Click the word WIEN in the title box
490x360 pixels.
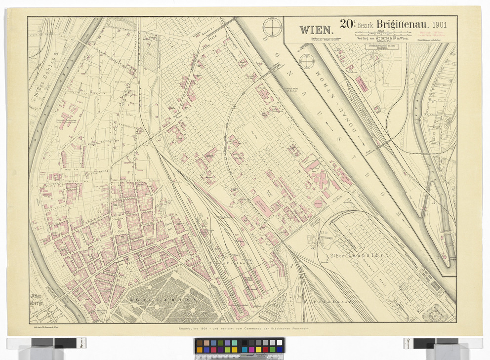[x=317, y=29]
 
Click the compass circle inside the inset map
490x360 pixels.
[x=308, y=61]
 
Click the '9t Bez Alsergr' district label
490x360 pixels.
[x=36, y=299]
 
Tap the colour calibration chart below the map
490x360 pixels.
[x=239, y=346]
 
